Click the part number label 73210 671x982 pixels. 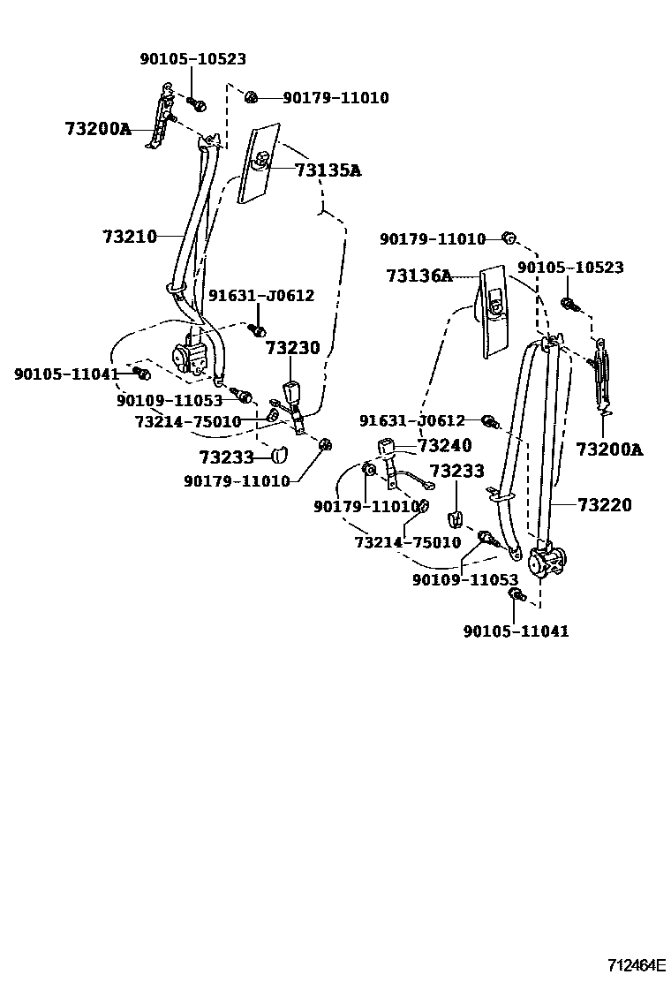(129, 237)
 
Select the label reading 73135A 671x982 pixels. (328, 170)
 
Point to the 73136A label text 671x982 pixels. (418, 276)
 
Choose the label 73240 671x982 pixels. (444, 446)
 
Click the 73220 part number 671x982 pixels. (605, 505)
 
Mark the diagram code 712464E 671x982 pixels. (636, 965)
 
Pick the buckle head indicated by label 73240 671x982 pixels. (386, 449)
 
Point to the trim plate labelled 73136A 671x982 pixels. (493, 309)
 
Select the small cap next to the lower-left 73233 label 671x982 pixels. (279, 455)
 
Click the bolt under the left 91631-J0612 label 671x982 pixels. (258, 329)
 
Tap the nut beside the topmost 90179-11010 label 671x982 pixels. (251, 97)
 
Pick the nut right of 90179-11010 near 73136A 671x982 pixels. (509, 237)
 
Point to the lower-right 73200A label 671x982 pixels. (609, 449)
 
